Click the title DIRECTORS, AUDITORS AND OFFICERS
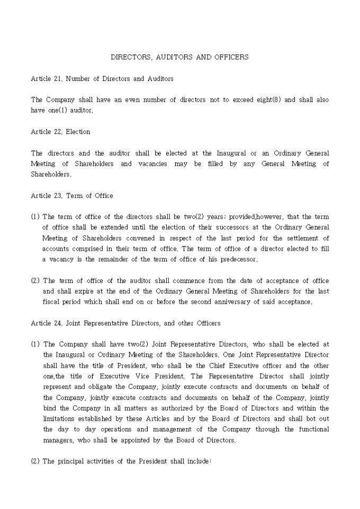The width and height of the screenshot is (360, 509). pyautogui.click(x=179, y=57)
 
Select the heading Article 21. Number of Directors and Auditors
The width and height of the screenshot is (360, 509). pyautogui.click(x=102, y=79)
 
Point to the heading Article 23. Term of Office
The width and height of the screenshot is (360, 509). pyautogui.click(x=72, y=196)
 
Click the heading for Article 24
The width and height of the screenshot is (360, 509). pyautogui.click(x=126, y=323)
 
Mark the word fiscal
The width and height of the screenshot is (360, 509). pyautogui.click(x=51, y=302)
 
